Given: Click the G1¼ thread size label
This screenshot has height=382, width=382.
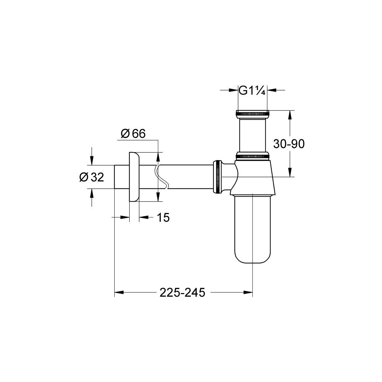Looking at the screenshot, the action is point(252,91).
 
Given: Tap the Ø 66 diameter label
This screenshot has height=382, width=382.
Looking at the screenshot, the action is point(133,133).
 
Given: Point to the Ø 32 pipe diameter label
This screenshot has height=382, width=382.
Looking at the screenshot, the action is point(92,177).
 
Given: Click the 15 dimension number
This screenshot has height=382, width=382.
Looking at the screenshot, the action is point(163,217).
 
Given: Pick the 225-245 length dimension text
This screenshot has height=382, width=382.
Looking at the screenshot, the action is point(182,293).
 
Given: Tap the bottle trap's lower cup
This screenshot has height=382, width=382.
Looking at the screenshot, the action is point(252,229).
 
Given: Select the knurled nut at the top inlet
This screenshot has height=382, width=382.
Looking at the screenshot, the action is point(252,114).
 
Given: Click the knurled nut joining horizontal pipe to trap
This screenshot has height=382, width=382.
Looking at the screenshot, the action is point(218,176).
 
